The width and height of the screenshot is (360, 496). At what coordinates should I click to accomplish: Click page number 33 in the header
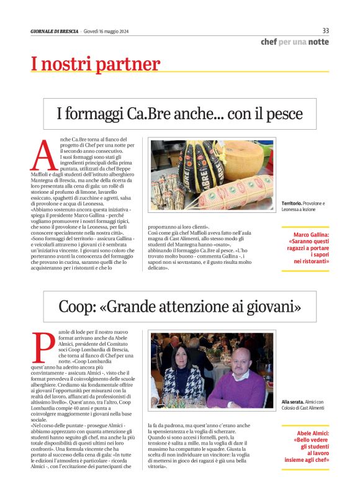point(325,30)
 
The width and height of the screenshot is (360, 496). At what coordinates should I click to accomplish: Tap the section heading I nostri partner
point(96,64)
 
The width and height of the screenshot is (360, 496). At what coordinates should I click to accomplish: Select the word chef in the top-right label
point(268,42)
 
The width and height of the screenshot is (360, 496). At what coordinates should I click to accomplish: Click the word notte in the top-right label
point(318,42)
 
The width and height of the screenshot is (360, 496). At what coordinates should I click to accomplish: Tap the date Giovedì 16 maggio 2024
point(106,32)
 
